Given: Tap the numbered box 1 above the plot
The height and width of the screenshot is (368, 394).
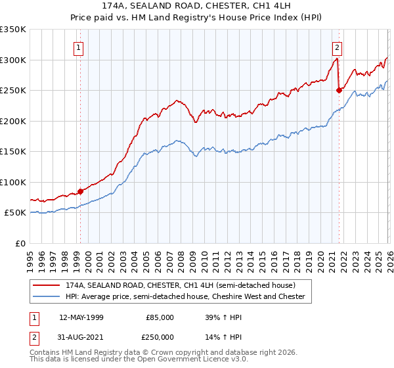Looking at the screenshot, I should pyautogui.click(x=79, y=47).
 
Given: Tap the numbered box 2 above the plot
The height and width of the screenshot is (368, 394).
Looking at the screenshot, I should pyautogui.click(x=337, y=47).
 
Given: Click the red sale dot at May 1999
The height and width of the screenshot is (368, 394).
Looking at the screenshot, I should pyautogui.click(x=80, y=191).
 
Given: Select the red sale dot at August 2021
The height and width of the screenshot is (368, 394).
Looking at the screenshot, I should pyautogui.click(x=339, y=90).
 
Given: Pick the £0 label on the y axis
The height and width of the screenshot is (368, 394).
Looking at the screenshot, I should pyautogui.click(x=20, y=243).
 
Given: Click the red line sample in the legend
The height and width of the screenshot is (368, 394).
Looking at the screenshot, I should pyautogui.click(x=47, y=285).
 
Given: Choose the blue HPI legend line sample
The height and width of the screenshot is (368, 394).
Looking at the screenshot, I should pyautogui.click(x=47, y=297).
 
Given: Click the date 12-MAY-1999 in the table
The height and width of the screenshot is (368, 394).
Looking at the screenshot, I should pyautogui.click(x=81, y=317).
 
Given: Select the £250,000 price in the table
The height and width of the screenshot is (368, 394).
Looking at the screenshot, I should pyautogui.click(x=160, y=336).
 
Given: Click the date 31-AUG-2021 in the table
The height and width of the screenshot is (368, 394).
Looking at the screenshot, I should pyautogui.click(x=81, y=336).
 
